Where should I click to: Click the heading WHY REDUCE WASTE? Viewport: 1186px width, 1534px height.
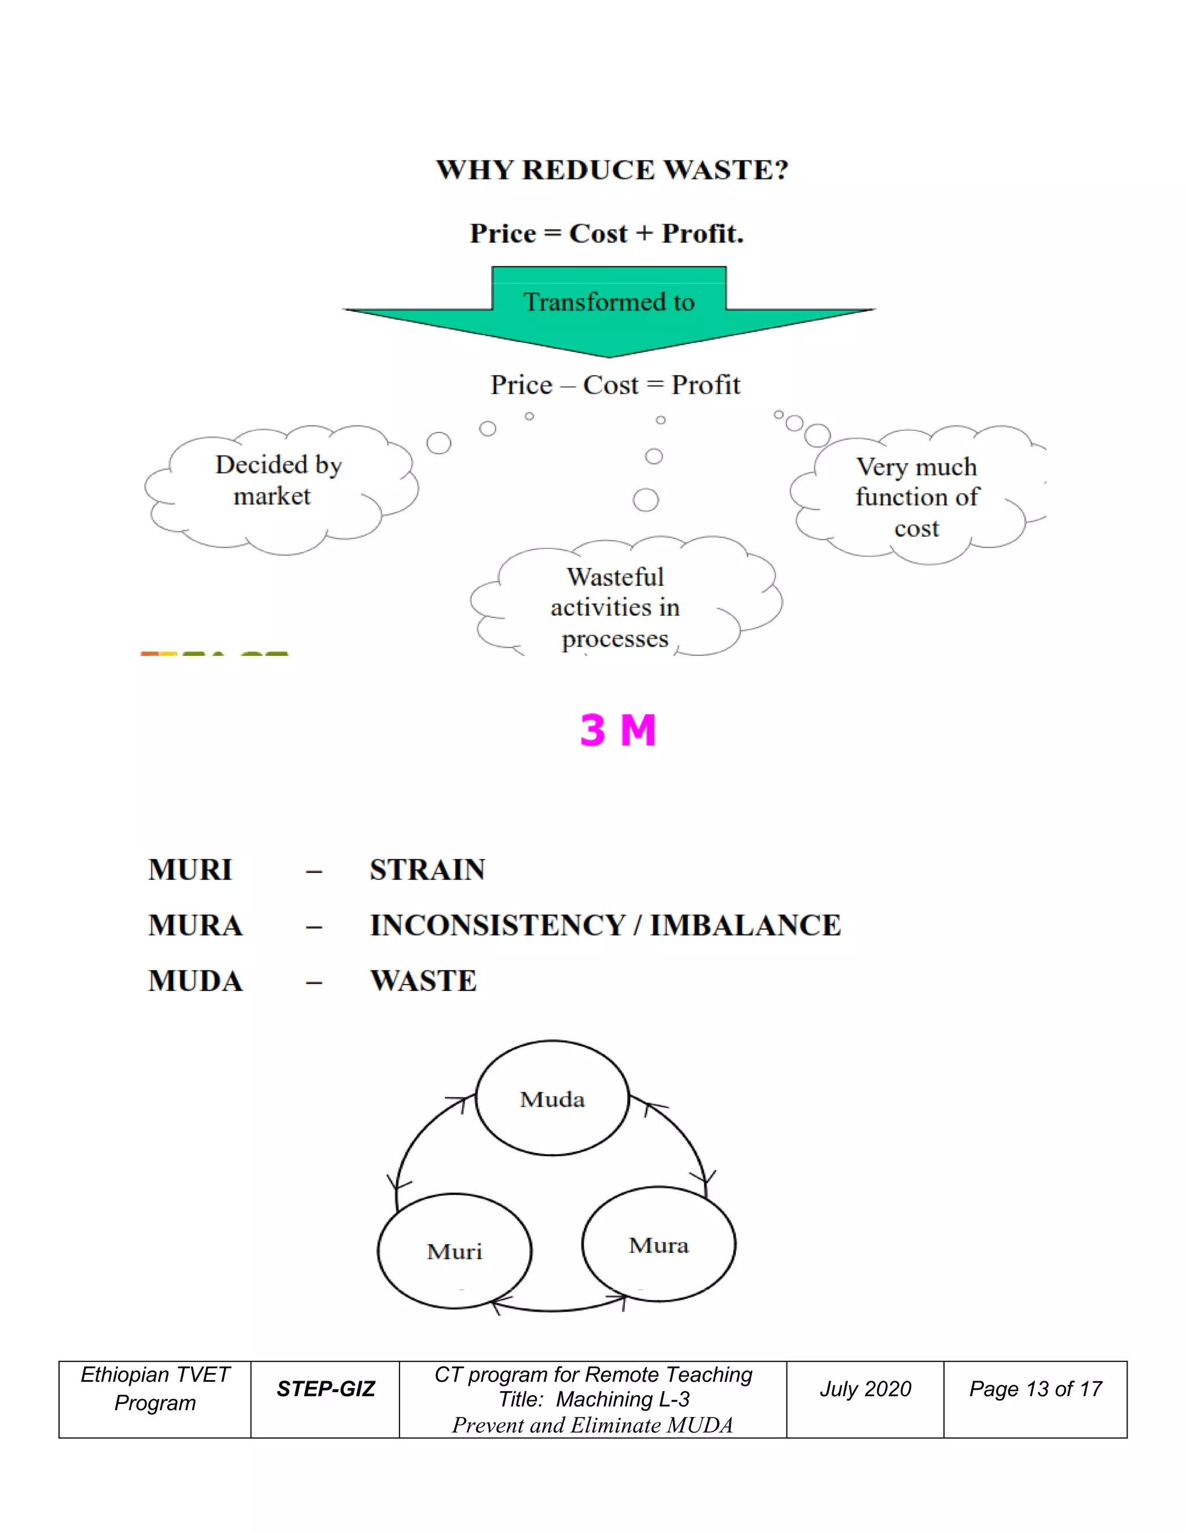tap(612, 170)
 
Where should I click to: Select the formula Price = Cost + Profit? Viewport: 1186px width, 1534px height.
tap(606, 233)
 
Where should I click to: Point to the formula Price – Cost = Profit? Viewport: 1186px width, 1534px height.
tap(615, 385)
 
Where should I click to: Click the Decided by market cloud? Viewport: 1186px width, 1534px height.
tap(277, 485)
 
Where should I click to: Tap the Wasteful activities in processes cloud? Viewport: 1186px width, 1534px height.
tap(616, 605)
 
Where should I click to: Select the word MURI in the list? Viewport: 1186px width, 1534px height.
tap(190, 869)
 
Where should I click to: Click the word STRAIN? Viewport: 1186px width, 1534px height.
tap(427, 869)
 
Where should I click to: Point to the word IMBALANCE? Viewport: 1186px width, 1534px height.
tap(745, 925)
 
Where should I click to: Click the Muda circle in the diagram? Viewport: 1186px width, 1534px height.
tap(552, 1099)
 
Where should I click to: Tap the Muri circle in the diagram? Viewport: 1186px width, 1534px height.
tap(455, 1251)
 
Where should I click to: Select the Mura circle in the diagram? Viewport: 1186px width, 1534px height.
tap(658, 1245)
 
